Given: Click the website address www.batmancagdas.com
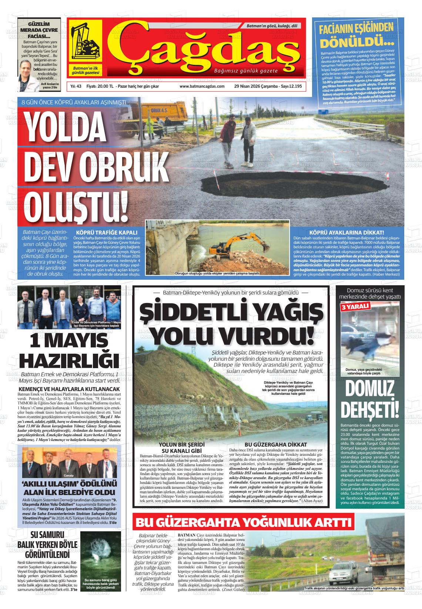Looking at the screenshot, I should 202,86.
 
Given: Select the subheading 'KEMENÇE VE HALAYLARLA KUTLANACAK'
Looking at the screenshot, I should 70,389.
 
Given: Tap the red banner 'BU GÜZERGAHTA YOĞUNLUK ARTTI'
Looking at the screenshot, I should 244,522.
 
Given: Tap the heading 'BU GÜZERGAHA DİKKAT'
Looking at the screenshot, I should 276,444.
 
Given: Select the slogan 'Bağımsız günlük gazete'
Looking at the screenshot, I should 245,70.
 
